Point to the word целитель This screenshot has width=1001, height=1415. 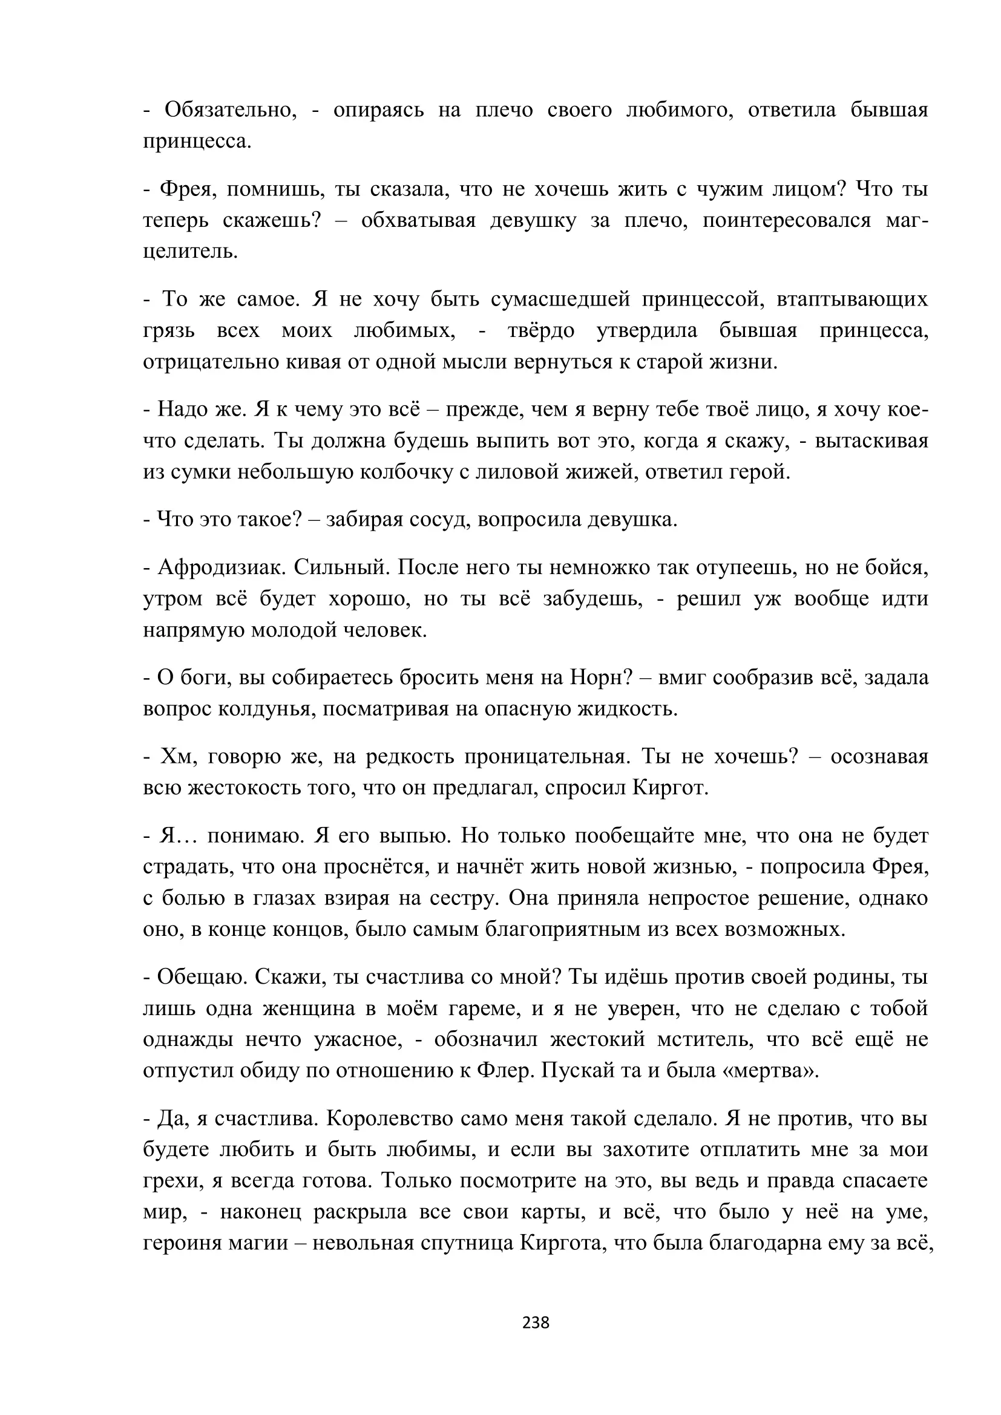coord(190,252)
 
